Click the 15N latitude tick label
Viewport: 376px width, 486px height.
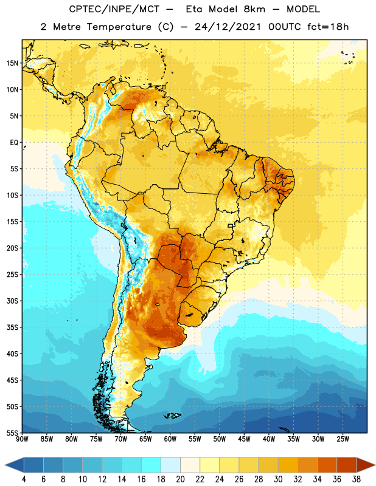[x=12, y=63]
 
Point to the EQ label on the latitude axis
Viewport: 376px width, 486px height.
[x=14, y=143]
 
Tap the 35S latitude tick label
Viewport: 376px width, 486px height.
[x=12, y=327]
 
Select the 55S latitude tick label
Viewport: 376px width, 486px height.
[x=12, y=433]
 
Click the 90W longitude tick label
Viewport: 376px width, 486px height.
[x=22, y=439]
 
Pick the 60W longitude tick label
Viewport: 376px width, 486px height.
[x=170, y=439]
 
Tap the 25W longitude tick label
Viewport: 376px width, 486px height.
[x=343, y=439]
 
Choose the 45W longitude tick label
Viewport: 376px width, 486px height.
[x=245, y=439]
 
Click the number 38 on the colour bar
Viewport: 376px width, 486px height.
[x=357, y=479]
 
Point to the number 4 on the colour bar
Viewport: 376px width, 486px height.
[x=24, y=479]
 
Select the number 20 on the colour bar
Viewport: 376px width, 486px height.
[x=180, y=479]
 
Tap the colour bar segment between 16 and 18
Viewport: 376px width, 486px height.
[x=151, y=465]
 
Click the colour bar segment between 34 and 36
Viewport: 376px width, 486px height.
[x=327, y=465]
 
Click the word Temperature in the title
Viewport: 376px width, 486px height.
[x=119, y=27]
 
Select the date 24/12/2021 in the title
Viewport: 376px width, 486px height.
[x=228, y=27]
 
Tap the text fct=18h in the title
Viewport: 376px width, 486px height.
[x=328, y=27]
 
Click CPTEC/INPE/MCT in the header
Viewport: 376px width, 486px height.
[x=114, y=9]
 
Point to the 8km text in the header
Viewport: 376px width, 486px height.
[x=254, y=9]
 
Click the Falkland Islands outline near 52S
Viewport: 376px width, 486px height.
[x=172, y=416]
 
